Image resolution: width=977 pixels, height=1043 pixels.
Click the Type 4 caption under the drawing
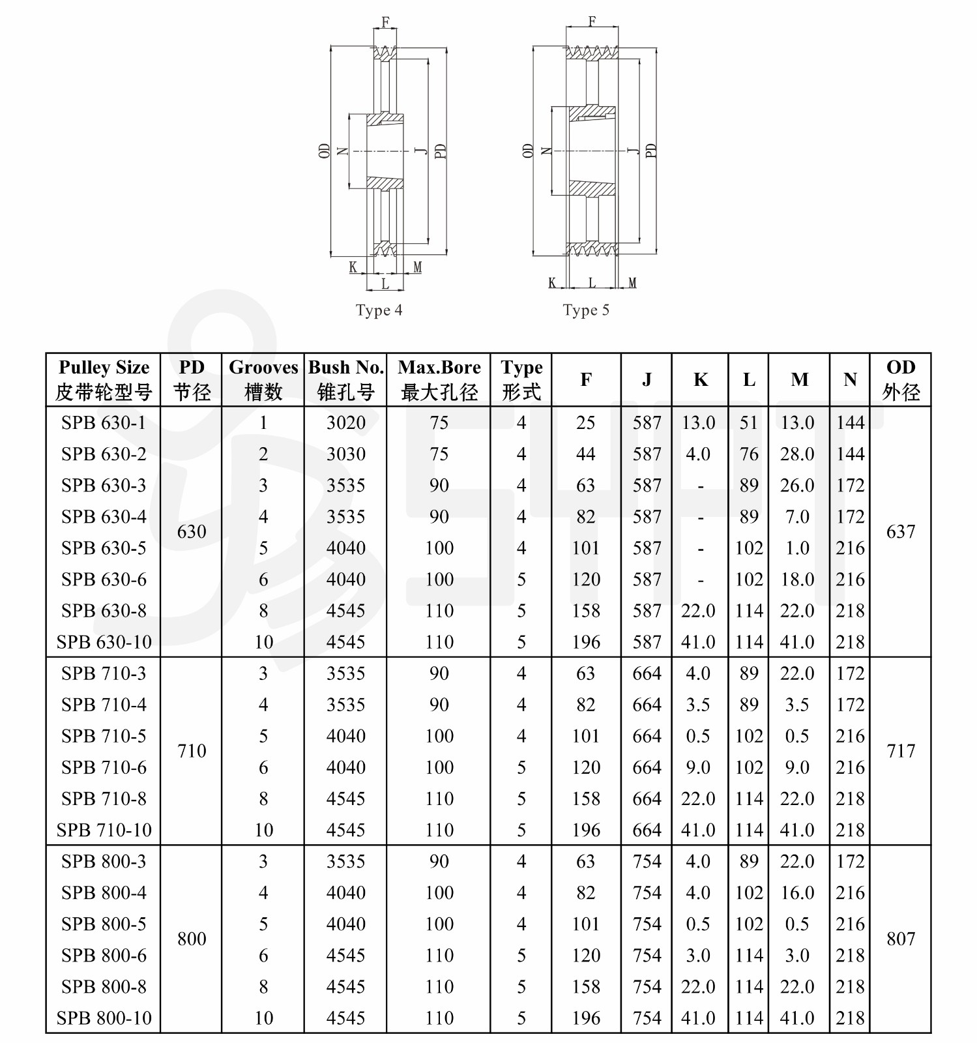pyautogui.click(x=379, y=310)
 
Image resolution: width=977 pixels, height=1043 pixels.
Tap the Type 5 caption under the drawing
pyautogui.click(x=586, y=310)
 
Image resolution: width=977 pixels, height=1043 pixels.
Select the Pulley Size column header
pyautogui.click(x=104, y=379)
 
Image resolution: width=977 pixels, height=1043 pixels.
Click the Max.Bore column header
pyautogui.click(x=439, y=379)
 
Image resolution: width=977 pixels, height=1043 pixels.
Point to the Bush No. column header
pyautogui.click(x=345, y=379)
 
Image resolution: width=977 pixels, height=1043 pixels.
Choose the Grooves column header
pyautogui.click(x=263, y=379)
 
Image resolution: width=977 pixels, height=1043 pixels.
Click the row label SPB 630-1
pyautogui.click(x=104, y=423)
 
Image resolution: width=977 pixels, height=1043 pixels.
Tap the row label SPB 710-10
pyautogui.click(x=104, y=830)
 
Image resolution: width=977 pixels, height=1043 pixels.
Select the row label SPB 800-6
pyautogui.click(x=104, y=955)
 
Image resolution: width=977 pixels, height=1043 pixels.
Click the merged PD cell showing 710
pyautogui.click(x=192, y=751)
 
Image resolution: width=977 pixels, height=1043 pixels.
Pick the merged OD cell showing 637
pyautogui.click(x=901, y=532)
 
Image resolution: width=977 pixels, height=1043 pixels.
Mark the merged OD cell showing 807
pyautogui.click(x=901, y=939)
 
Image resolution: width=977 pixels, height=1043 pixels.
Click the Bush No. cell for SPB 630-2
pyautogui.click(x=345, y=454)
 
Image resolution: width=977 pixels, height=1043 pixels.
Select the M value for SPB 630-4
pyautogui.click(x=798, y=517)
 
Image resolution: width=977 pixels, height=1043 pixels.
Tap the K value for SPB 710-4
pyautogui.click(x=698, y=705)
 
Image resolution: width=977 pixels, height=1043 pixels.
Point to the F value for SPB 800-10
pyautogui.click(x=586, y=1018)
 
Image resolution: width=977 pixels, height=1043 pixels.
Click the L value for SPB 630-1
pyautogui.click(x=748, y=423)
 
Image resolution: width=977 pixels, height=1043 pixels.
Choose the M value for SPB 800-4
pyautogui.click(x=798, y=892)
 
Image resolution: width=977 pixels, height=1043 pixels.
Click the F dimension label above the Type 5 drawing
pyautogui.click(x=592, y=22)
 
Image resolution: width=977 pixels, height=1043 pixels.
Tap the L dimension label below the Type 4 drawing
pyautogui.click(x=385, y=284)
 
